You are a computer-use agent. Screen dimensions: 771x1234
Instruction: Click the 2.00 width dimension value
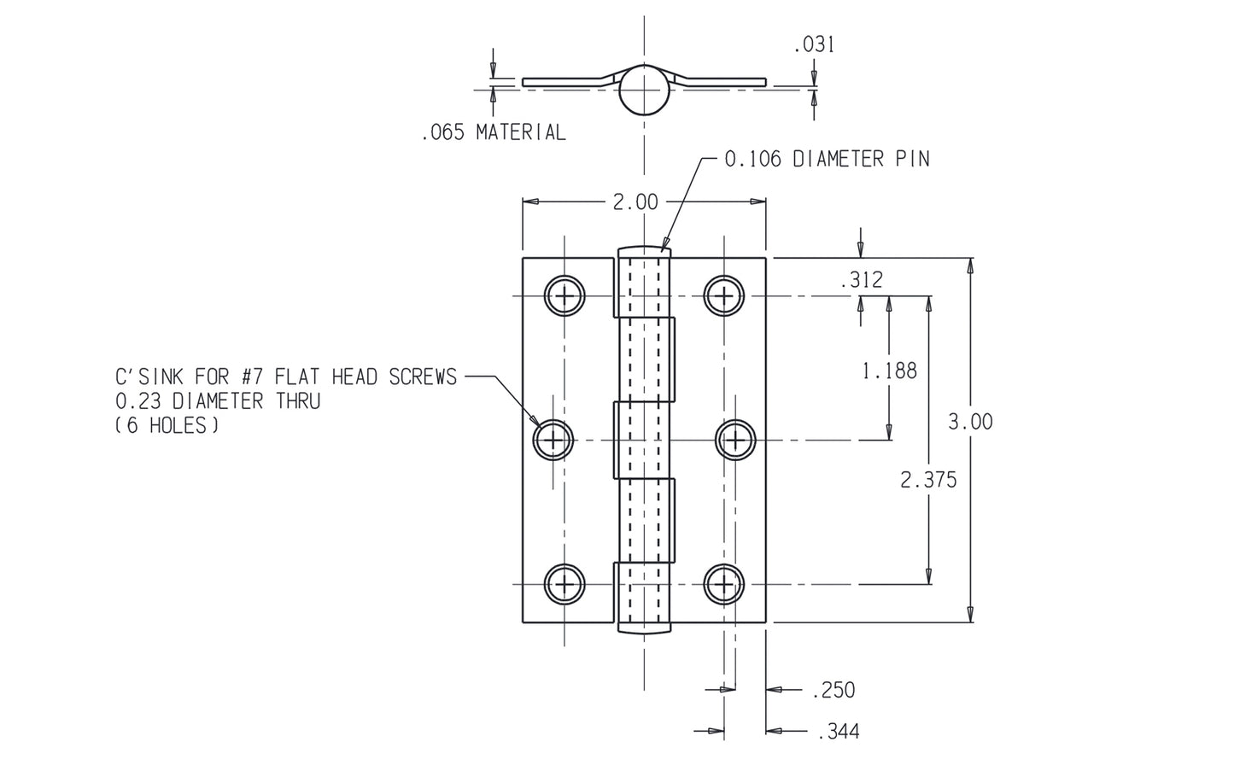(x=635, y=202)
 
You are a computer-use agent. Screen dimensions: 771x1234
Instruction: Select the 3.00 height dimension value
(x=970, y=422)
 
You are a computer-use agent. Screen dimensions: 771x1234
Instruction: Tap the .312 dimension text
(x=861, y=280)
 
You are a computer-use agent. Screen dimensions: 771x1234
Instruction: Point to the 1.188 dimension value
(x=889, y=371)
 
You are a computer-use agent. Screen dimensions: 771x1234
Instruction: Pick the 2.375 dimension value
(x=928, y=480)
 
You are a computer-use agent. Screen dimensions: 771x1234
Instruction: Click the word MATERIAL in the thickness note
(x=520, y=132)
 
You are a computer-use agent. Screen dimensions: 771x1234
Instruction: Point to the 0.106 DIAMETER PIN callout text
(x=826, y=159)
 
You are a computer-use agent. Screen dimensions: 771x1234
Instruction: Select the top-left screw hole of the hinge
(x=564, y=296)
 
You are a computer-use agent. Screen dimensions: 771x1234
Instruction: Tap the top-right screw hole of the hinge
(x=724, y=296)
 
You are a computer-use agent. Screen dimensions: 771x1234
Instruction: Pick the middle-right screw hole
(x=735, y=440)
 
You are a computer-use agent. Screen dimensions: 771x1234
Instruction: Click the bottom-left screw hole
(x=564, y=584)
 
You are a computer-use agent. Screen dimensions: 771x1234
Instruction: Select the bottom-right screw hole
(x=724, y=584)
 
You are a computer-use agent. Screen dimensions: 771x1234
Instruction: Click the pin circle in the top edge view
(x=644, y=91)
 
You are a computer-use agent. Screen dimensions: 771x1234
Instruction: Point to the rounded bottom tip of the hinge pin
(x=644, y=630)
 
